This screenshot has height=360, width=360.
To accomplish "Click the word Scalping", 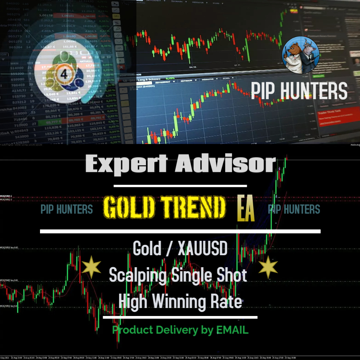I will [137, 276].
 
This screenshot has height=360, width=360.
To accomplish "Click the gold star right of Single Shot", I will [268, 268].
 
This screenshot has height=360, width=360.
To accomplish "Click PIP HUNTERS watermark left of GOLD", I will [67, 209].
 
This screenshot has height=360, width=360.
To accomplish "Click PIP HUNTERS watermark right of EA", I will [294, 209].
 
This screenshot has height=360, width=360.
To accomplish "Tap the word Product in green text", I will [132, 330].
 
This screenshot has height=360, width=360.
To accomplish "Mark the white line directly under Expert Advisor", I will [180, 186].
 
